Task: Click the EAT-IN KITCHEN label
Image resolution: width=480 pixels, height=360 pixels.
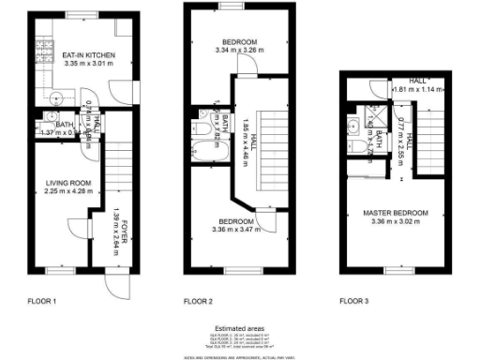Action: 82,56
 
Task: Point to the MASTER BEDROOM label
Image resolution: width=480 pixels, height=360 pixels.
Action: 395,214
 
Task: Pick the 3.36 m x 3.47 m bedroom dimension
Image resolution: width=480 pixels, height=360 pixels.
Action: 238,229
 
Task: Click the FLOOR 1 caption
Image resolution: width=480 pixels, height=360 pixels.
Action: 41,301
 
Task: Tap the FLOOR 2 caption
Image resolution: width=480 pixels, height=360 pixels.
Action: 199,301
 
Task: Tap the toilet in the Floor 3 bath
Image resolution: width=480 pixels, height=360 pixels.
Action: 362,150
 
